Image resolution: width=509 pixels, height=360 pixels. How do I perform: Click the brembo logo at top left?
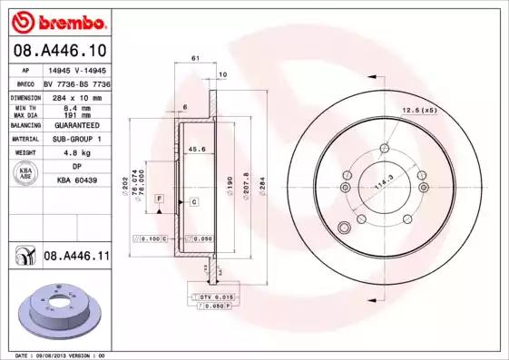60,19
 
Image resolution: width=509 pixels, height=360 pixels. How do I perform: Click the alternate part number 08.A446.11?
76,258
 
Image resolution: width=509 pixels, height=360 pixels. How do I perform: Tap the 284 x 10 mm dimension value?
70,96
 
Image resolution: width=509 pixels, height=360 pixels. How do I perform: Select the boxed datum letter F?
159,198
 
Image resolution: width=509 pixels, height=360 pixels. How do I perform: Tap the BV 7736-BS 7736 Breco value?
76,82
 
